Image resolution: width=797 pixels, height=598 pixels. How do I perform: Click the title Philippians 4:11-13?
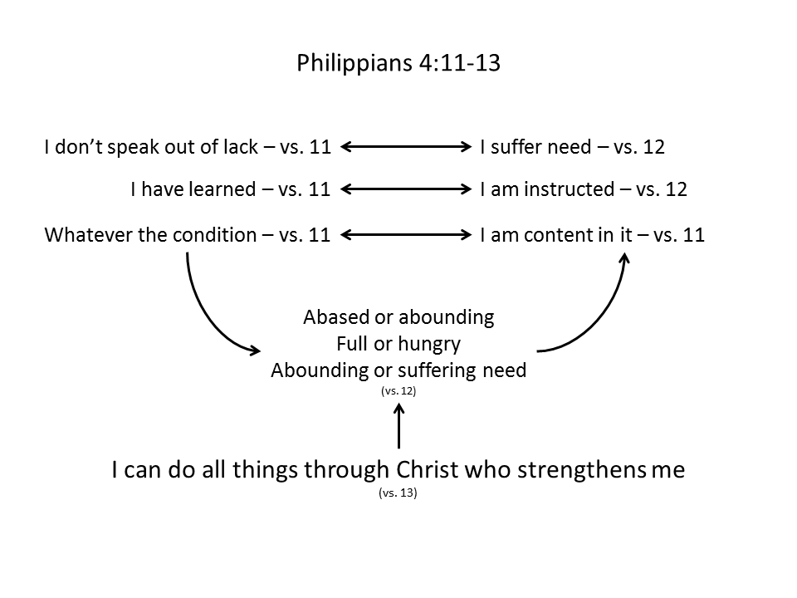(x=398, y=63)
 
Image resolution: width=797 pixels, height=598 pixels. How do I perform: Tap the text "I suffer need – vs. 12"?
(x=572, y=148)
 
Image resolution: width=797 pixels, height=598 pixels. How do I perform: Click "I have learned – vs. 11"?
(x=230, y=189)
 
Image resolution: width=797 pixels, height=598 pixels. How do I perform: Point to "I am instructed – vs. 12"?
(x=584, y=189)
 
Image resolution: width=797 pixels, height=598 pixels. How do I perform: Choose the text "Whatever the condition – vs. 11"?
(x=187, y=235)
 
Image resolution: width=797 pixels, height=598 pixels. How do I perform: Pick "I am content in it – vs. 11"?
(x=592, y=235)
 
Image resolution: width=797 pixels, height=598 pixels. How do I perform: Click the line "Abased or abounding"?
(x=398, y=317)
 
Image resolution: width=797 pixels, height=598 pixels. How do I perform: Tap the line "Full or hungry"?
(x=398, y=344)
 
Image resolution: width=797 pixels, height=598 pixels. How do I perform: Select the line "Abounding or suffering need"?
(x=398, y=370)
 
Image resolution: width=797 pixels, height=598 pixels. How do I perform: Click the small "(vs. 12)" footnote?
(x=398, y=390)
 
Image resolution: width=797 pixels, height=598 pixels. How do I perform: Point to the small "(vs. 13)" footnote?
(x=398, y=493)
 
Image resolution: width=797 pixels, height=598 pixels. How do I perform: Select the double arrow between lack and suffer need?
(x=406, y=148)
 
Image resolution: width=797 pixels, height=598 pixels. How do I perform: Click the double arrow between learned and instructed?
(x=406, y=189)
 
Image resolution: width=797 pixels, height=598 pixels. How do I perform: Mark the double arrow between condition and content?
(x=406, y=235)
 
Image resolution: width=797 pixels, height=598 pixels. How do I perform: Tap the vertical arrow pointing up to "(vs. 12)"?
(x=399, y=426)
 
